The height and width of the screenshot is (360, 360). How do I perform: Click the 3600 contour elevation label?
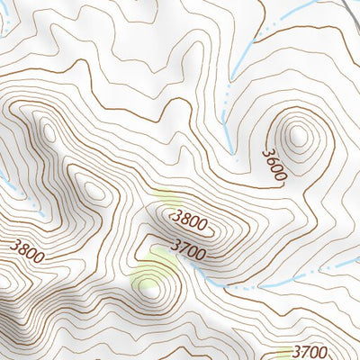pos(274,166)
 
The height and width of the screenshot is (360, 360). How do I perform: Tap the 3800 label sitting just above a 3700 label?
pos(190,219)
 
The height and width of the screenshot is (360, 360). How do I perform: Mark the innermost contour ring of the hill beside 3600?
pos(297,136)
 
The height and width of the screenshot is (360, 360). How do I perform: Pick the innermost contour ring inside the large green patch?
pos(148,290)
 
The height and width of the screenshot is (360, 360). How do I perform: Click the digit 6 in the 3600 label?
pos(272,162)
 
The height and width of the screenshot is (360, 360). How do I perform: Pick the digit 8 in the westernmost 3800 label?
pos(21,247)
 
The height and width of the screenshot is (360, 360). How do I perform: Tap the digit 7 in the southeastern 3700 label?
pos(304,351)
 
